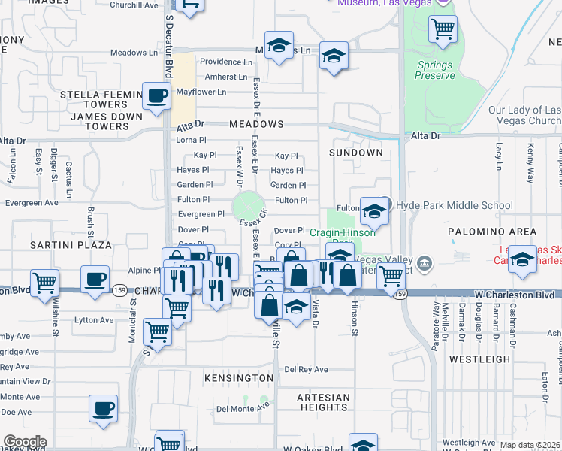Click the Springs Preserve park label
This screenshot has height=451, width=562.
[x=435, y=70]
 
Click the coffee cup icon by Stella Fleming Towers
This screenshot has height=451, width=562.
[x=156, y=96]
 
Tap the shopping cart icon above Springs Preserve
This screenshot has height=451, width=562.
[x=443, y=29]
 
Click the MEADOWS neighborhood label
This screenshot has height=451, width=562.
[x=256, y=124]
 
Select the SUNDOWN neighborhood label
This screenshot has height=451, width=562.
[x=356, y=153]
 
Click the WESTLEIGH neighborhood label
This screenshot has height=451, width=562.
[x=479, y=359]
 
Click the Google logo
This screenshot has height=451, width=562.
[x=25, y=441]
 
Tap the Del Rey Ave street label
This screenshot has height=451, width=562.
[x=306, y=370]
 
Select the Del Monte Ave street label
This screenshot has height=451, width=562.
[x=243, y=409]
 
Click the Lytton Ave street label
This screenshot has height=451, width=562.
[x=94, y=320]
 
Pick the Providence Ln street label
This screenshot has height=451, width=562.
[x=225, y=62]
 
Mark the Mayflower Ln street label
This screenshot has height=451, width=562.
[x=201, y=92]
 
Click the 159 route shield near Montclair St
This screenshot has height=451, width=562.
[x=119, y=289]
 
